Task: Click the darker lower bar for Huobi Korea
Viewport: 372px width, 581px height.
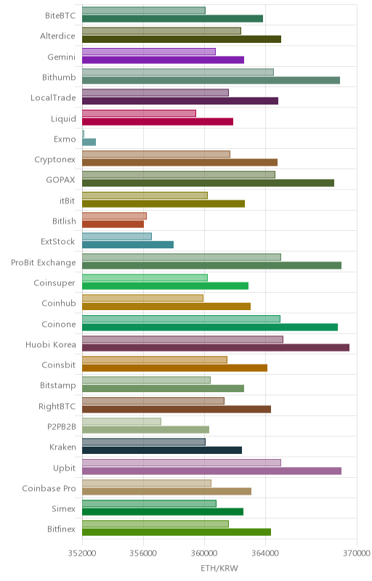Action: click(216, 348)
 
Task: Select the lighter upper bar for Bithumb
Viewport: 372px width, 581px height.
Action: click(178, 72)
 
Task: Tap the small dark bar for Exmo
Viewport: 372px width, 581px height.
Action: click(89, 142)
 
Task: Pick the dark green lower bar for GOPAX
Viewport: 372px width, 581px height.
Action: click(209, 183)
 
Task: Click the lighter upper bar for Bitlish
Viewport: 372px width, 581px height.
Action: click(115, 216)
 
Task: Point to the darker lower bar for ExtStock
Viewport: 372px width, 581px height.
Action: click(128, 245)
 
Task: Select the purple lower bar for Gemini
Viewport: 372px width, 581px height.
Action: click(163, 60)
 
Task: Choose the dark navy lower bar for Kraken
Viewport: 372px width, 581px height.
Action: click(162, 450)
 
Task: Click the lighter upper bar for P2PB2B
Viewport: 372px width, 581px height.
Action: click(121, 421)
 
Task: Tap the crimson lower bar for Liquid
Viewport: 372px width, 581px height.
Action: click(158, 121)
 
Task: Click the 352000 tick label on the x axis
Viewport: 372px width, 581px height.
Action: click(82, 553)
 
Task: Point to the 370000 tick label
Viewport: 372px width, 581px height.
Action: click(357, 553)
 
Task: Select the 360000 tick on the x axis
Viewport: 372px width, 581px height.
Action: click(204, 553)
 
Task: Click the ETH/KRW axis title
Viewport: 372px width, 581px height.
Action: click(219, 569)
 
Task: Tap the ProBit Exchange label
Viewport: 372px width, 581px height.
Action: click(44, 263)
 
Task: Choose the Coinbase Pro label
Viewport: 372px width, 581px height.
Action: click(49, 488)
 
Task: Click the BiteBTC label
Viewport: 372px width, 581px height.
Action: click(60, 15)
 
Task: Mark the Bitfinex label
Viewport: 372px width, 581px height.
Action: click(62, 529)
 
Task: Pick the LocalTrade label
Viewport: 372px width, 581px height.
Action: click(53, 98)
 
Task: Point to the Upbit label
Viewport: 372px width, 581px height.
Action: click(65, 468)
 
